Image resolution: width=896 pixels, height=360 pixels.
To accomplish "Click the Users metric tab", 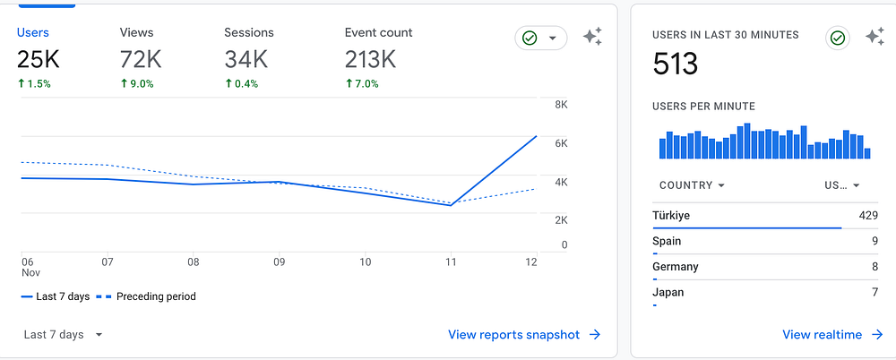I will tap(33, 32).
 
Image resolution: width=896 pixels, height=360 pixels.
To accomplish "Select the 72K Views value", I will tap(141, 60).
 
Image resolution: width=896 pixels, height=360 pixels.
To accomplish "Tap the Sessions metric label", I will tap(249, 32).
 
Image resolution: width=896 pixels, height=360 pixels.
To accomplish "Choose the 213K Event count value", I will tap(370, 60).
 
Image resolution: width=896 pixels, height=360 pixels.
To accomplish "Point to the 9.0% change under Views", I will tap(137, 83).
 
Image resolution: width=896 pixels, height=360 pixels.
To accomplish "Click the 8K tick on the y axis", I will tap(561, 105).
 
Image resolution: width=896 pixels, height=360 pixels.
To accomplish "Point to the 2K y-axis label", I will tap(561, 219).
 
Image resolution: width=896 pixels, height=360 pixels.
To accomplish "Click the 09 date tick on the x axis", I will tap(280, 262).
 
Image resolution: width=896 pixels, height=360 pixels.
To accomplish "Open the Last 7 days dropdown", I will tap(63, 335).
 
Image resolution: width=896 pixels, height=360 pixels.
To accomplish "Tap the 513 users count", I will tap(676, 64).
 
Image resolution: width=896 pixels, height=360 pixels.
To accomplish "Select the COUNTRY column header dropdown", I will tap(692, 185).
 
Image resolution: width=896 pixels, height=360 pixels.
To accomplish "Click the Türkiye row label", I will tap(671, 215).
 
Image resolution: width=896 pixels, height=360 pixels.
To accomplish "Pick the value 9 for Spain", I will tap(874, 241).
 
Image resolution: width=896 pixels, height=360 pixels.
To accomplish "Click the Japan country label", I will tap(669, 292).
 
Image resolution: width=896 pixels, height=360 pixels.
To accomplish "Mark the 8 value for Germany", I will tap(874, 266).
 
